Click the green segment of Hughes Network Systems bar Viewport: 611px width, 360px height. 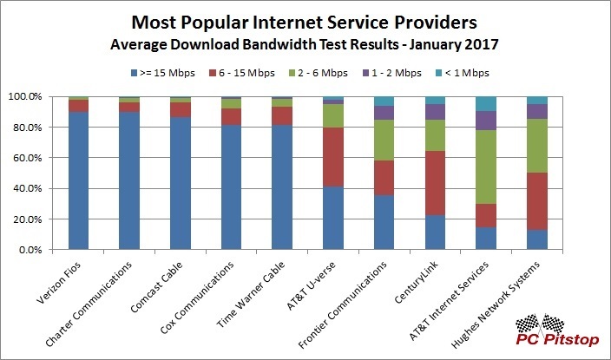(x=536, y=146)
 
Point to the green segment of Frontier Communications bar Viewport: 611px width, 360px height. (x=384, y=140)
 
